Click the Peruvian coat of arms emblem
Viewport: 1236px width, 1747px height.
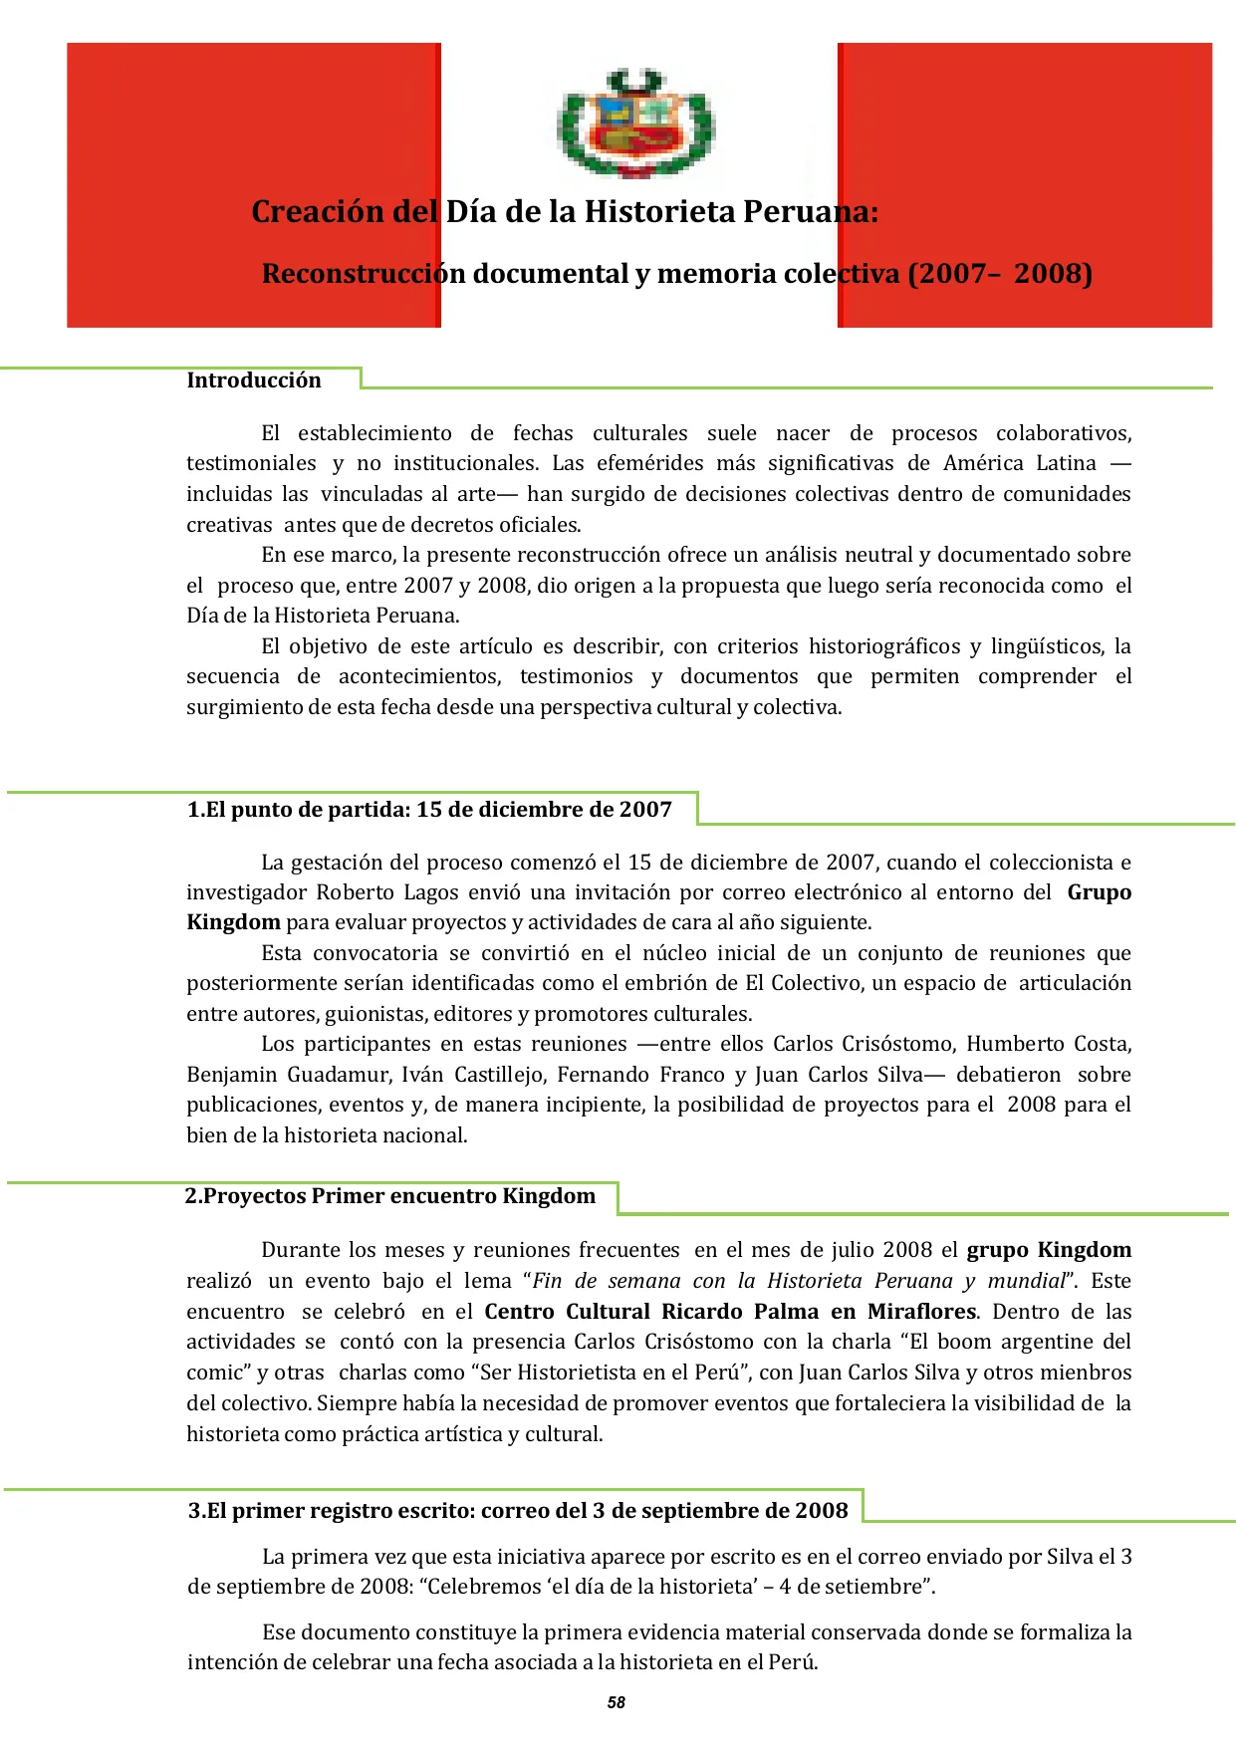pyautogui.click(x=635, y=123)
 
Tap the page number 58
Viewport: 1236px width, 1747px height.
pyautogui.click(x=617, y=1702)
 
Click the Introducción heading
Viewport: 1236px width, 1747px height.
pyautogui.click(x=254, y=380)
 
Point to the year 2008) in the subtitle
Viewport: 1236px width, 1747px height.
pyautogui.click(x=1054, y=274)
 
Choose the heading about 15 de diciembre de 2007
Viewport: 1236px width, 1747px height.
pyautogui.click(x=429, y=810)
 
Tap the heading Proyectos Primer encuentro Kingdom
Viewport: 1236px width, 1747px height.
pyautogui.click(x=390, y=1196)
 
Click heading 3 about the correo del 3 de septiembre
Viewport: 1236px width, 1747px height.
pyautogui.click(x=518, y=1511)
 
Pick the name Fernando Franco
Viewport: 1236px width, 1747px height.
pyautogui.click(x=640, y=1075)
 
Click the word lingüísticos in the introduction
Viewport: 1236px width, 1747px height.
pyautogui.click(x=1047, y=646)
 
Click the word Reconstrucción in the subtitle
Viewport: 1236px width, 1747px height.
pyautogui.click(x=364, y=274)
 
